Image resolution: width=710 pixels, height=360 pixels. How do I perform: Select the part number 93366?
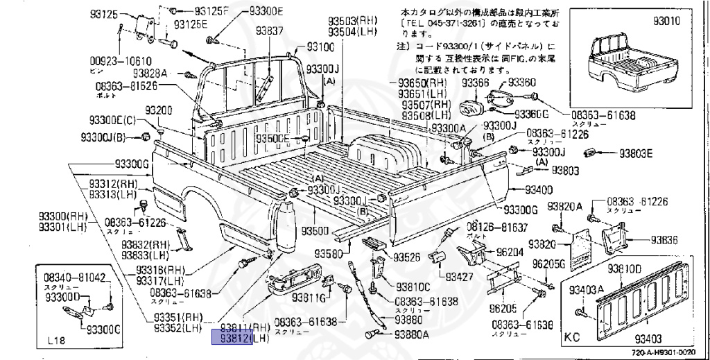[476, 83]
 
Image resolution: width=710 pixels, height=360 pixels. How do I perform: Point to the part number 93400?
[539, 190]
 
